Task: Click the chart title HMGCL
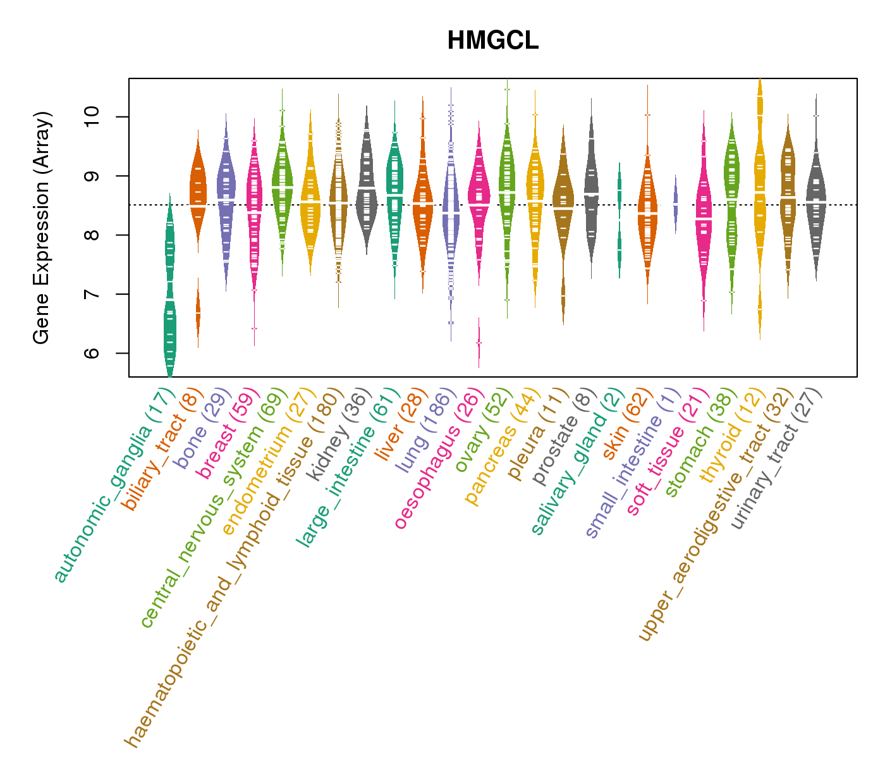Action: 492,41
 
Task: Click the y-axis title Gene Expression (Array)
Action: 42,228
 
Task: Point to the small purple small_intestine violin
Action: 675,204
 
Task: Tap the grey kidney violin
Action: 367,190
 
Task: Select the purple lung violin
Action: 451,215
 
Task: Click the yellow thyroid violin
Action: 760,190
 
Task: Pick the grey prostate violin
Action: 591,190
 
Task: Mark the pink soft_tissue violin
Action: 704,215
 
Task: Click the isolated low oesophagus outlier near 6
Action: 479,342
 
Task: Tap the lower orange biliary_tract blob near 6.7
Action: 198,313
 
